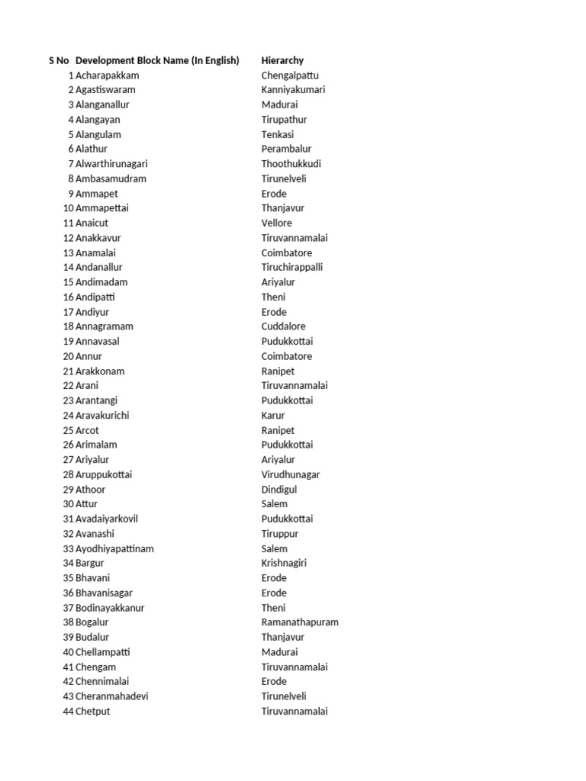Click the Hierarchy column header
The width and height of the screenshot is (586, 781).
[282, 60]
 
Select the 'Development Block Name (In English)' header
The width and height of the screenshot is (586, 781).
[157, 60]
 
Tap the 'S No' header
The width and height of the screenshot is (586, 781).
[59, 60]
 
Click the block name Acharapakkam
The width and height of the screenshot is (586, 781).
[107, 76]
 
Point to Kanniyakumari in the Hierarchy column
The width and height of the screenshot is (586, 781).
[293, 90]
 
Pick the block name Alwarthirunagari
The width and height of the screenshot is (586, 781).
[111, 164]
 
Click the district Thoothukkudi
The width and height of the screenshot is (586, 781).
[291, 164]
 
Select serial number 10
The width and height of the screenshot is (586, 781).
[68, 208]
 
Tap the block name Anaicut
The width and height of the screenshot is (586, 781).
[92, 223]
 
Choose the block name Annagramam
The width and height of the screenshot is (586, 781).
[105, 326]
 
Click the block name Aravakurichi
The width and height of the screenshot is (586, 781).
[102, 416]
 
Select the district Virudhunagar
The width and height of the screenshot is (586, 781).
[290, 474]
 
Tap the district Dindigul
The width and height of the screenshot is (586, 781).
[279, 490]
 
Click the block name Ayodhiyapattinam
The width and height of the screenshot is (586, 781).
[114, 548]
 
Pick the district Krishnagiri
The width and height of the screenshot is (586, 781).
[284, 563]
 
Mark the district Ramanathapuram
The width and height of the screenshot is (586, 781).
[299, 622]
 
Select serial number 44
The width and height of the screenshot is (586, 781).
[68, 712]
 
